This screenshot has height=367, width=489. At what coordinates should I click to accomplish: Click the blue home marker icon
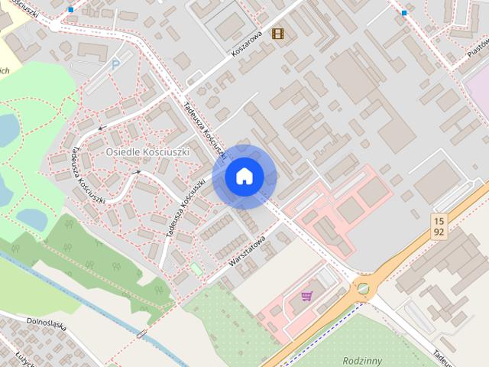tap(244, 176)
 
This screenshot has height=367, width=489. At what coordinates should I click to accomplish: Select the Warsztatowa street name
tap(246, 249)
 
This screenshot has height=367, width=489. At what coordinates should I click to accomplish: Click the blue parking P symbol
tap(115, 65)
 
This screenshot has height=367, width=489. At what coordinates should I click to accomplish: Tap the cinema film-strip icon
tap(277, 33)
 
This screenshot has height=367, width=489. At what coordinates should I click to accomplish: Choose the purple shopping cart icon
tap(307, 295)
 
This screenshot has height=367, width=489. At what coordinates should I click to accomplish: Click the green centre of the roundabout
tap(363, 288)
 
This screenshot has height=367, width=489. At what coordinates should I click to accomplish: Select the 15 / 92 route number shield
tap(438, 225)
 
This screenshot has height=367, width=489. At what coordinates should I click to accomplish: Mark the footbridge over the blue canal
tap(141, 333)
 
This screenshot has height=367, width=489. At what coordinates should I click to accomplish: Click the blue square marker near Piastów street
tap(404, 13)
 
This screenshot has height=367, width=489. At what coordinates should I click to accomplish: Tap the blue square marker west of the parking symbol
tap(71, 10)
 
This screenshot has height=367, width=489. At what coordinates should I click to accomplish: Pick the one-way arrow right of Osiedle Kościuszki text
tap(138, 171)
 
